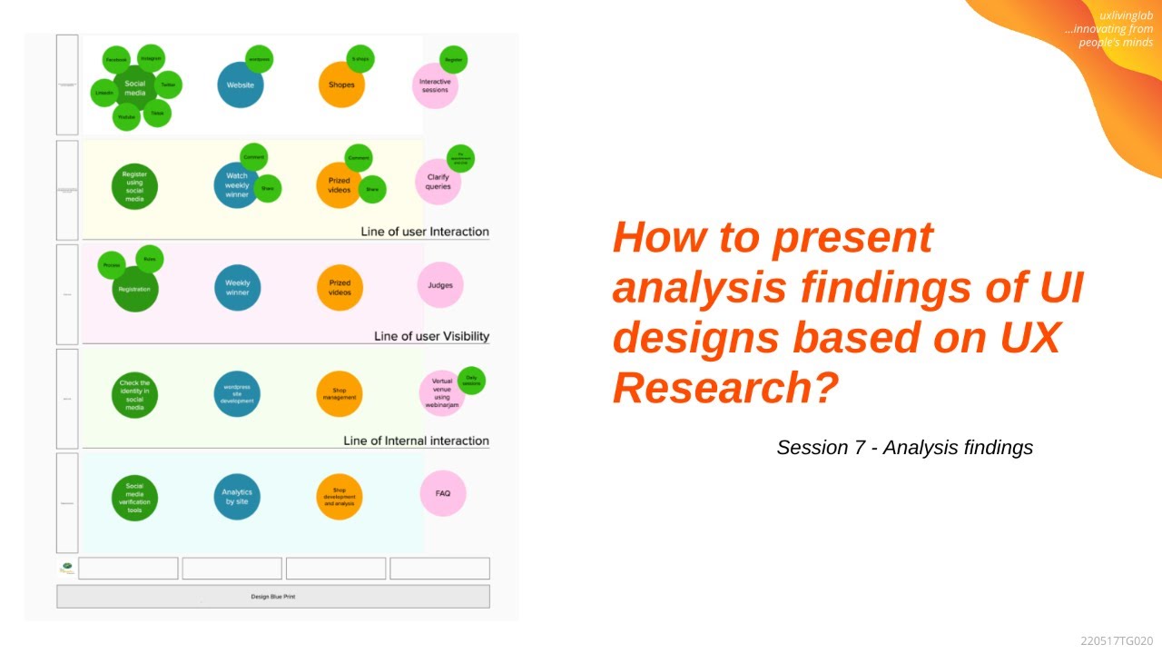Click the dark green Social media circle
click(x=134, y=88)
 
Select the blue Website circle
click(x=241, y=85)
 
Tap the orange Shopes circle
click(x=341, y=85)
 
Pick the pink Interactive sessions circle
click(x=435, y=86)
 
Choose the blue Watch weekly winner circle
click(x=236, y=186)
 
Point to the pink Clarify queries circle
click(x=438, y=183)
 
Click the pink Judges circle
click(x=440, y=285)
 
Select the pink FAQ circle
click(x=443, y=493)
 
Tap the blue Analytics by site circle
click(x=237, y=497)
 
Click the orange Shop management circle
click(x=339, y=394)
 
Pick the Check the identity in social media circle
click(x=134, y=395)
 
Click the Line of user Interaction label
click(x=425, y=232)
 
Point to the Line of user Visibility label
click(x=431, y=336)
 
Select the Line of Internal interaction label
click(x=416, y=441)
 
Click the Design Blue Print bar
click(x=272, y=597)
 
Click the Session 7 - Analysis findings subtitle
click(x=904, y=448)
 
